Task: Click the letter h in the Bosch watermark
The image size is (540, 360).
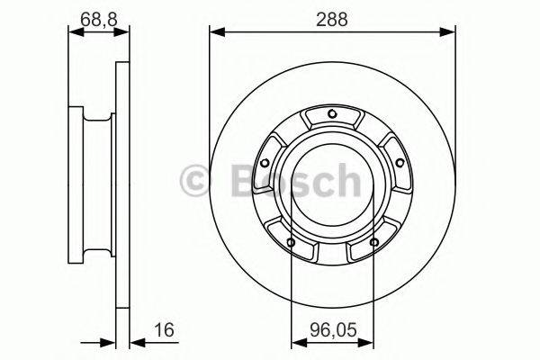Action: (x=346, y=180)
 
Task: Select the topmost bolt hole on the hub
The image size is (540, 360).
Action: (x=332, y=113)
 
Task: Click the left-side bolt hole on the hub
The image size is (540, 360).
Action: (x=265, y=163)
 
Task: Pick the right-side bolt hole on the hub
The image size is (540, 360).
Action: (x=399, y=163)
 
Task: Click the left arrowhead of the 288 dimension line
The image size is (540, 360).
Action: (x=215, y=32)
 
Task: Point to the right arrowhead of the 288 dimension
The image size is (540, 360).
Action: (x=449, y=32)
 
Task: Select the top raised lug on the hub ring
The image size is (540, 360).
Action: (x=332, y=117)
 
